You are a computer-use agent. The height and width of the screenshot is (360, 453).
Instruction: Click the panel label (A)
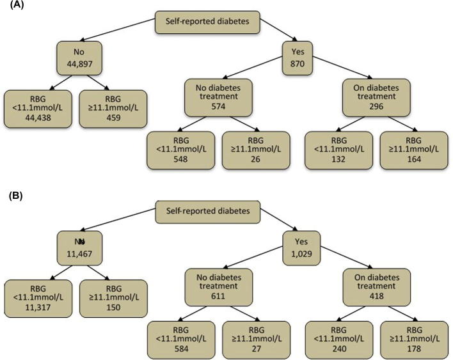[10, 7]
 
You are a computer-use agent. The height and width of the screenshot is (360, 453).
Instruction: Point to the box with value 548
[179, 151]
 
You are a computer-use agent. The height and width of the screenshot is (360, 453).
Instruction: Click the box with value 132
[337, 151]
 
